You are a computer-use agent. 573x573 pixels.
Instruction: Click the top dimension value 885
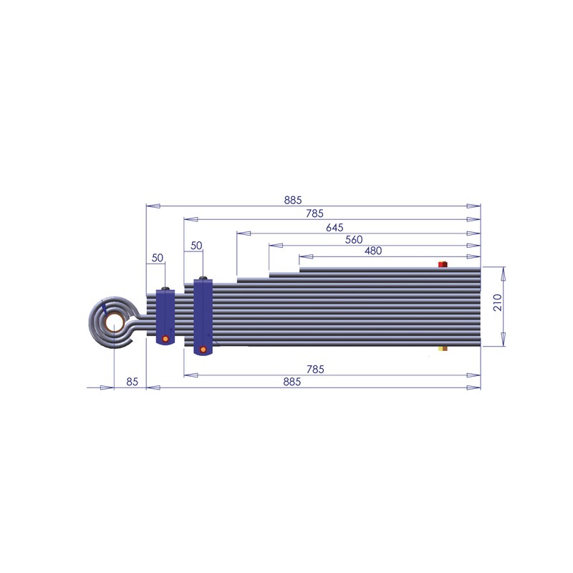[293, 200]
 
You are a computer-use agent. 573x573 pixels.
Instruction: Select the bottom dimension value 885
[292, 382]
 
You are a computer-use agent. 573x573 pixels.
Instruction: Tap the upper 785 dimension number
[314, 213]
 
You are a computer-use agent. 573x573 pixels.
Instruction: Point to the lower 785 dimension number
[315, 369]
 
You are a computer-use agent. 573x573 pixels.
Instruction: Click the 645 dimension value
[334, 227]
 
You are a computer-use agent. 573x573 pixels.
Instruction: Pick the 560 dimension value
[354, 240]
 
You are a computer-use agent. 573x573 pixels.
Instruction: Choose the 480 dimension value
[373, 251]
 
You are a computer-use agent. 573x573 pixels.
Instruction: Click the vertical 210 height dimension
[498, 302]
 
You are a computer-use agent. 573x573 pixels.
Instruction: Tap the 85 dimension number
[133, 382]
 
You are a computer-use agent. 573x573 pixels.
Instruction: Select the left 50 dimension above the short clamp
[157, 258]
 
